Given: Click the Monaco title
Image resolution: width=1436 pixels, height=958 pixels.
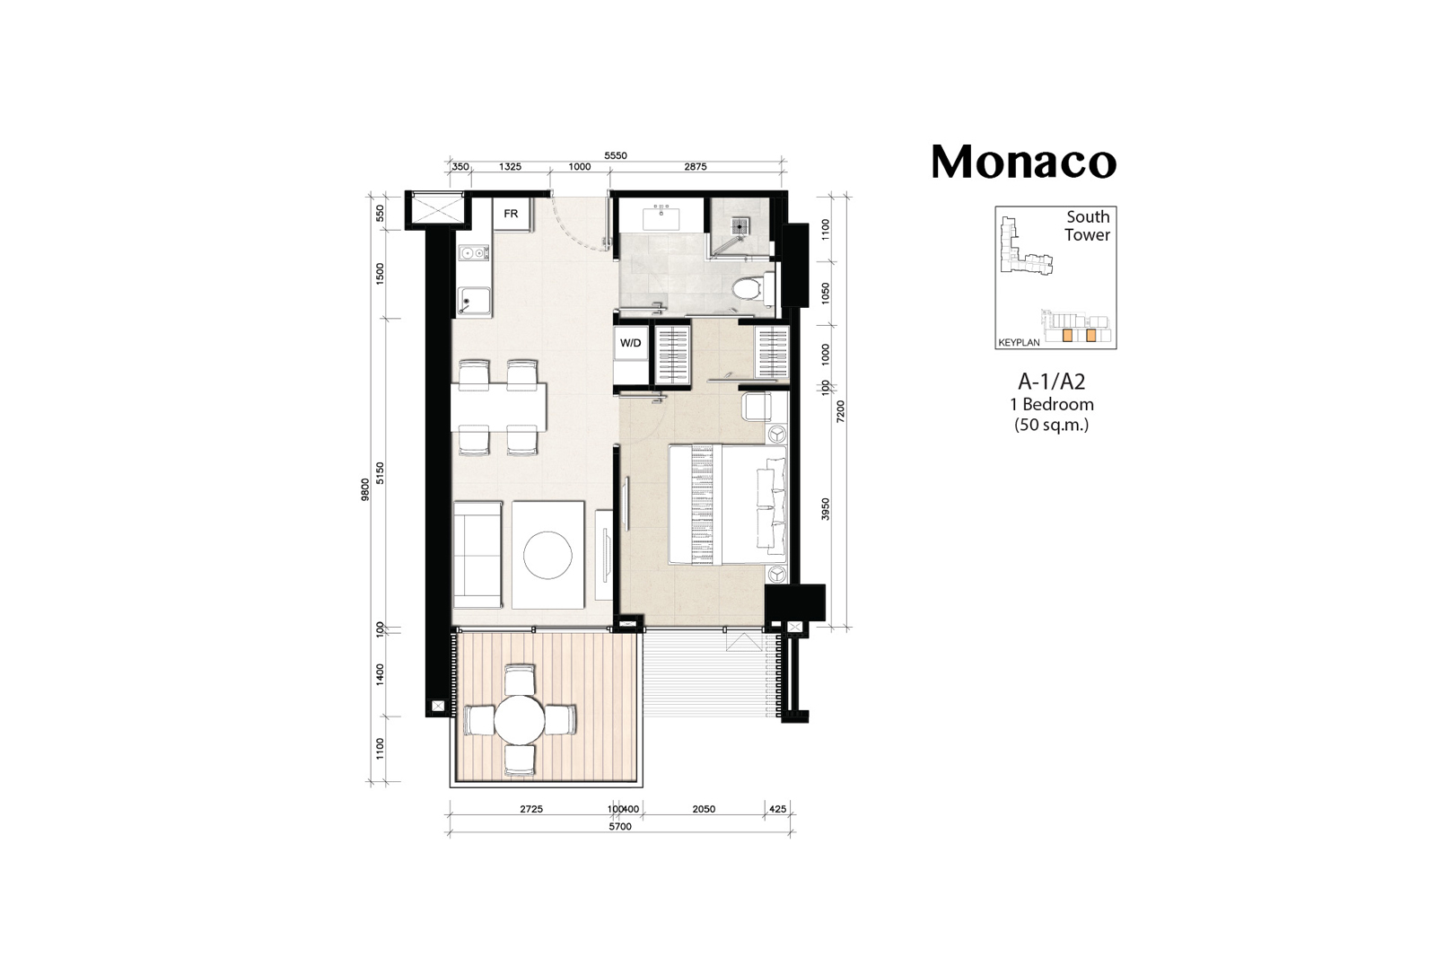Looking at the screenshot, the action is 1024,162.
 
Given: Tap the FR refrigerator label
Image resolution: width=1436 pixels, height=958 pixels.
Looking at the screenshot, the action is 511,214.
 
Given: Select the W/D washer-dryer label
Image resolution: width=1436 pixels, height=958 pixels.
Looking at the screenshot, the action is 630,343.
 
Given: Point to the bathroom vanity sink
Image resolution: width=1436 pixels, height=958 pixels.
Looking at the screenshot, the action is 661,218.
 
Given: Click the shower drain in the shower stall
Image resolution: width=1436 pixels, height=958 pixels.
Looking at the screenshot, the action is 741,225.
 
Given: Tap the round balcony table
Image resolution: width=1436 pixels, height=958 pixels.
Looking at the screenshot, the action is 520,720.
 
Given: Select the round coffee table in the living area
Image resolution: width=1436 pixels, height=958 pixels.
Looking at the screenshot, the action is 547,555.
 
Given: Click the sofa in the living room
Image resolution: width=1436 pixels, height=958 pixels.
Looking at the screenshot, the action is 477,555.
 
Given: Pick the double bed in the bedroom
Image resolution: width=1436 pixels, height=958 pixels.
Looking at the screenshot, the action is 728,505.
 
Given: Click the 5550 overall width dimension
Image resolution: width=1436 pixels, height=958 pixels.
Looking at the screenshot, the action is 616,155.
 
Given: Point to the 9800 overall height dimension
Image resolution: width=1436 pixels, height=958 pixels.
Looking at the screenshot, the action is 365,489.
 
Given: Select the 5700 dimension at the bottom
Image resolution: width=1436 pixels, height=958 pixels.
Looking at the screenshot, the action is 620,827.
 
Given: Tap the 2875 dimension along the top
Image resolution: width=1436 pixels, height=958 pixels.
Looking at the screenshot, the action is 696,167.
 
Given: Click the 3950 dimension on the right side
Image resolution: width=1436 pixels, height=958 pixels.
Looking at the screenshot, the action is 826,508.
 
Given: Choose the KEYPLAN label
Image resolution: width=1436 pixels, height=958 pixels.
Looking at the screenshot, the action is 1020,342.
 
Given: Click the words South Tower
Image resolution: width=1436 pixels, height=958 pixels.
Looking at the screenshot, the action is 1087,225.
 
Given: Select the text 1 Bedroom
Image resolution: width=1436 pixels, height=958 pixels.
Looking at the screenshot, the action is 1051,405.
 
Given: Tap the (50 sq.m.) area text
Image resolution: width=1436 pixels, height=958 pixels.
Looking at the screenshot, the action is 1051,425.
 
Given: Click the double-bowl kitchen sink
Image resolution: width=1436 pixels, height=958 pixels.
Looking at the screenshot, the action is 474,253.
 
